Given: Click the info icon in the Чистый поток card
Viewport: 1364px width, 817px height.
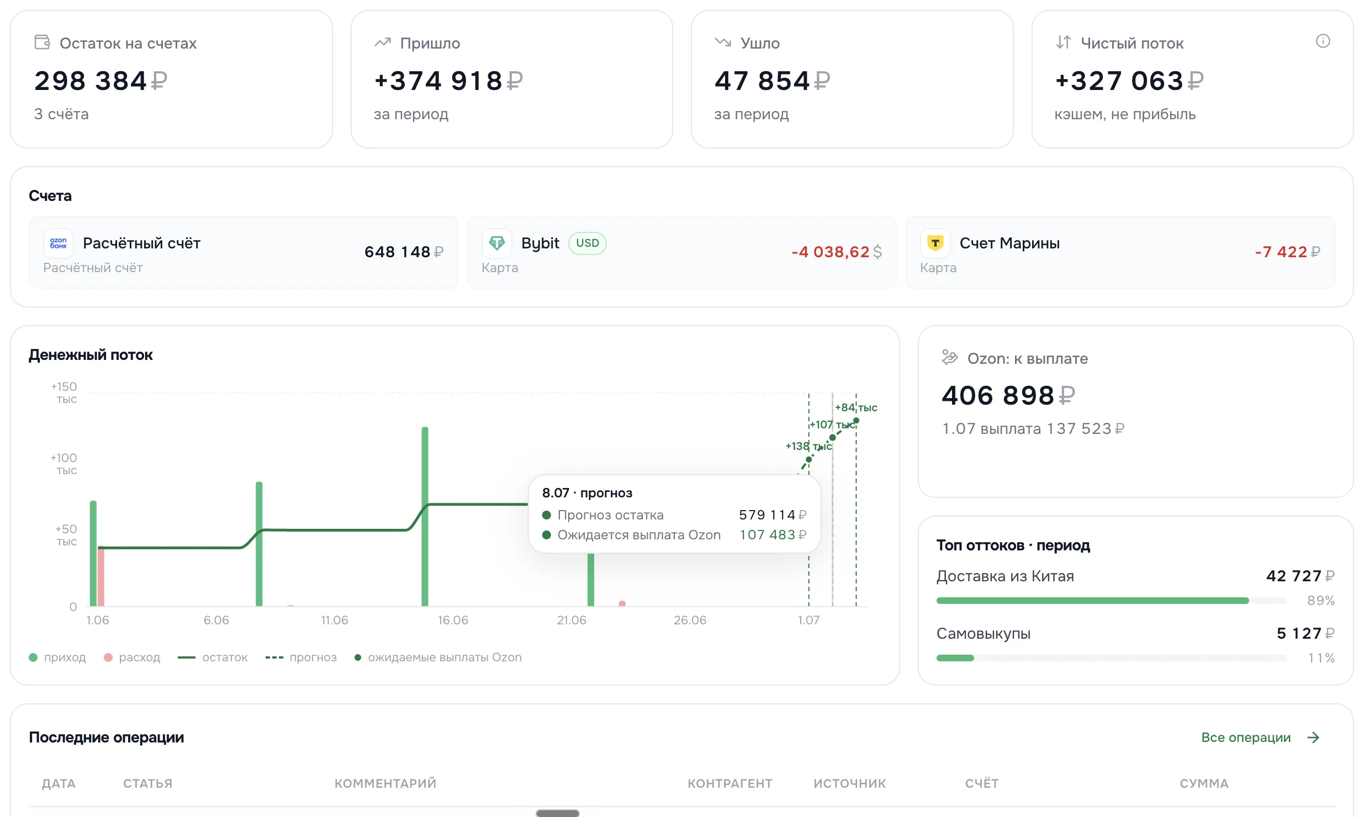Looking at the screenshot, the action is tap(1323, 41).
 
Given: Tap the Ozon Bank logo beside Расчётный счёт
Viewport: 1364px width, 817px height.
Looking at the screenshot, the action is tap(58, 243).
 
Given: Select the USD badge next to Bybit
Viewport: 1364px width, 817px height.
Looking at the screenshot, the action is tap(587, 243).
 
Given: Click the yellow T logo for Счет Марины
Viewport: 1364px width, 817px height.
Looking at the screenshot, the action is tap(935, 243).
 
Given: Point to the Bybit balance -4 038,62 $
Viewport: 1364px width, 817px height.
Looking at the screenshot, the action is tap(837, 252).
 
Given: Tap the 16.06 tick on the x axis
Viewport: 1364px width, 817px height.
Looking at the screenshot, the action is tap(453, 620).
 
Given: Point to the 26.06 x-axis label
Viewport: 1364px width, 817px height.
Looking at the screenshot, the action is tap(690, 620).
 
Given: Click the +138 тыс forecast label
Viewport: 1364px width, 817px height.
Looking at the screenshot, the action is tap(808, 446).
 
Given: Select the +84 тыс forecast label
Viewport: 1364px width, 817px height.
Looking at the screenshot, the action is tap(856, 407).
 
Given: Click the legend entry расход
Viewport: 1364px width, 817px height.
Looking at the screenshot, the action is tap(132, 657).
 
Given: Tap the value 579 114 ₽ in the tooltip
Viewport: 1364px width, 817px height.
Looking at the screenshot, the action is tap(773, 515).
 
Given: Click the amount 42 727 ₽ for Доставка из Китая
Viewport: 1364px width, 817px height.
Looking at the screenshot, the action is tap(1300, 576).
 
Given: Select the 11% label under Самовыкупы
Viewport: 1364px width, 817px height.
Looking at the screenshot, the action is tap(1321, 657).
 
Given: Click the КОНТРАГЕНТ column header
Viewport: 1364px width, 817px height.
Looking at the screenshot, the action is tap(729, 783).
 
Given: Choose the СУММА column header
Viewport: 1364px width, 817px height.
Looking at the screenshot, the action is tap(1204, 783).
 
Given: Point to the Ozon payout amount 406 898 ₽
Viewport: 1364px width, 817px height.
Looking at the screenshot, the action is tap(1008, 395).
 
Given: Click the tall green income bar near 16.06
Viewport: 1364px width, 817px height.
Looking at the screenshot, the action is tap(425, 516).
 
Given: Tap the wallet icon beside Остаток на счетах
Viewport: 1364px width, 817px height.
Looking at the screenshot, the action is tap(42, 42).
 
